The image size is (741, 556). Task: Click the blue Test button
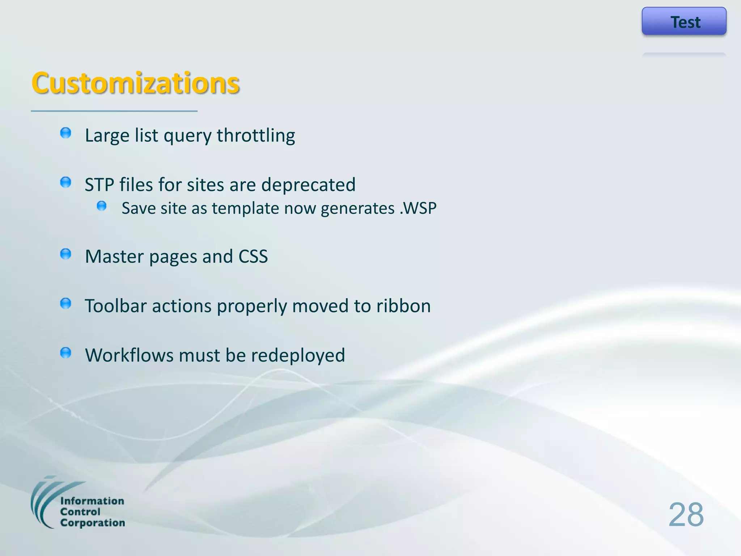click(x=684, y=21)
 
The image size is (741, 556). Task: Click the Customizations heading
click(x=135, y=83)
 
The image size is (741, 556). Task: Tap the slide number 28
click(x=686, y=515)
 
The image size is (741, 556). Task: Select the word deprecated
click(x=308, y=185)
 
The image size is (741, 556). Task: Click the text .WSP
click(x=418, y=208)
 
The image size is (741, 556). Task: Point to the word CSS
click(x=253, y=256)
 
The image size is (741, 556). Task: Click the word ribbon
click(x=403, y=306)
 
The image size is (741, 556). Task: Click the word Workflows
click(x=129, y=355)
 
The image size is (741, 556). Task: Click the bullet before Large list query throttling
click(x=65, y=133)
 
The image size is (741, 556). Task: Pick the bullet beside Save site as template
click(x=102, y=206)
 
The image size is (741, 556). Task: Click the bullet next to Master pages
click(x=65, y=254)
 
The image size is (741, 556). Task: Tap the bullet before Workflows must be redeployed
click(x=65, y=353)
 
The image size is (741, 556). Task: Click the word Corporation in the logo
click(x=93, y=523)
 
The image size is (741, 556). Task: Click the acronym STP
click(x=99, y=185)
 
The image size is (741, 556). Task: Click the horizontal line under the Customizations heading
click(x=114, y=111)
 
